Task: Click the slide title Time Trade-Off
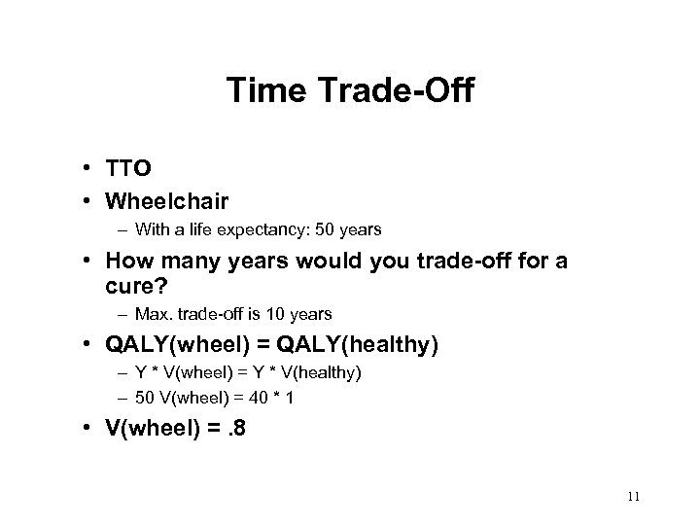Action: (349, 92)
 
